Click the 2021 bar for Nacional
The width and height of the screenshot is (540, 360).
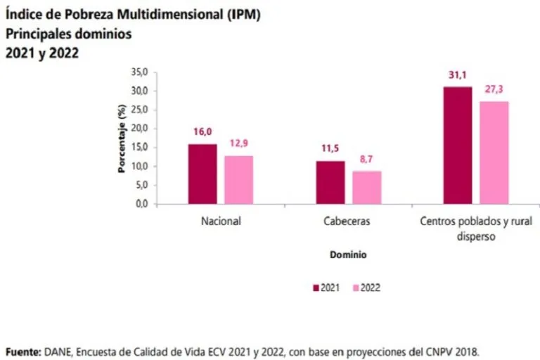202,174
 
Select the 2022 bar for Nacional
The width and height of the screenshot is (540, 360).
238,179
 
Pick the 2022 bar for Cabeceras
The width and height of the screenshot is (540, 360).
366,187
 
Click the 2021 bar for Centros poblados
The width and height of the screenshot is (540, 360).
458,145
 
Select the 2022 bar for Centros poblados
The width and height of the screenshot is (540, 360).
494,153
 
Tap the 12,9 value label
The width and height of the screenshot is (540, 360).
238,143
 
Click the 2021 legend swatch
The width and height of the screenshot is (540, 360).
316,287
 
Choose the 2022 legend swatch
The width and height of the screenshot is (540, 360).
356,287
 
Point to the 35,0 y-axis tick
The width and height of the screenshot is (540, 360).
139,72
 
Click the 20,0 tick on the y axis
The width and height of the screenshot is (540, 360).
139,129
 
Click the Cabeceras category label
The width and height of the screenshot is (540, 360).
348,221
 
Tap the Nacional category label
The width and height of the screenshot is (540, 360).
221,221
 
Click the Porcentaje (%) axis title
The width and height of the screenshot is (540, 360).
122,139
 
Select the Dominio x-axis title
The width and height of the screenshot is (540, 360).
348,255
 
